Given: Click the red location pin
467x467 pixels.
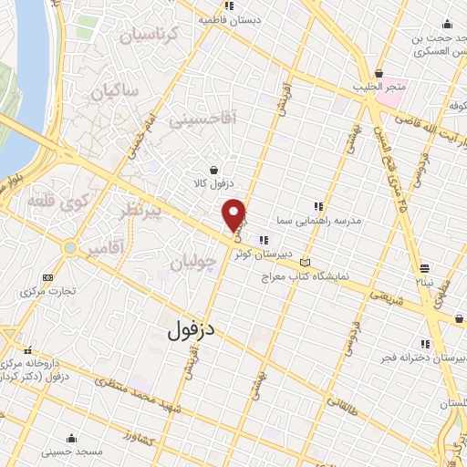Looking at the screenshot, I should click(235, 213).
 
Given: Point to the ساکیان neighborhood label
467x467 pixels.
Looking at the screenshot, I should click(118, 91).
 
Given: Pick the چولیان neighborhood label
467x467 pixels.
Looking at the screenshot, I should click(193, 264).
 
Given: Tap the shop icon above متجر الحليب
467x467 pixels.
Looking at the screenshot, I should click(378, 73).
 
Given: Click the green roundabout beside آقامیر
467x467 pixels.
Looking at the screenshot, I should click(69, 247).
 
